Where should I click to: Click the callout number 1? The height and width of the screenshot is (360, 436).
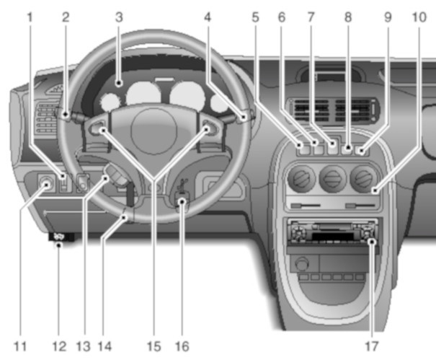point(30,14)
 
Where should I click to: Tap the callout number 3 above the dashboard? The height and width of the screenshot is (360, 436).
point(120,14)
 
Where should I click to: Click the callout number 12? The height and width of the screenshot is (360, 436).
point(59,346)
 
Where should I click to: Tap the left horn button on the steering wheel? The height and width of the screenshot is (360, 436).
point(101,130)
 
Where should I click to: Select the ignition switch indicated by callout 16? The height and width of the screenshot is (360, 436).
point(181,203)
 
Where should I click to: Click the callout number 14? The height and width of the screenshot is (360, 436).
point(106,346)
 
